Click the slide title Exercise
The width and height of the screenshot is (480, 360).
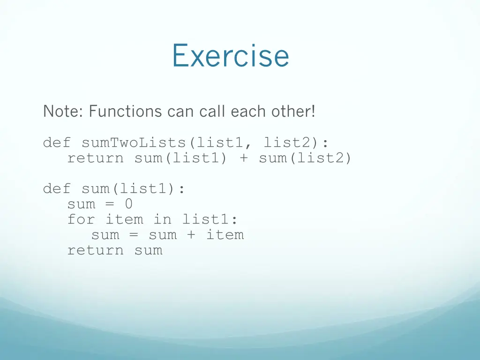tap(230, 56)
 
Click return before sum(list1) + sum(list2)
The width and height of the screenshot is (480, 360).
tap(96, 158)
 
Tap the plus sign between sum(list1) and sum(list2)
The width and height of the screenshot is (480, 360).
tap(243, 158)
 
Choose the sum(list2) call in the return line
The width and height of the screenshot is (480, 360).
tap(305, 158)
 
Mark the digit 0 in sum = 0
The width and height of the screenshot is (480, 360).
tap(128, 204)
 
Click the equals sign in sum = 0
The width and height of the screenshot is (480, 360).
tap(110, 204)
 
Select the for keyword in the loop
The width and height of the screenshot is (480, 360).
tap(81, 219)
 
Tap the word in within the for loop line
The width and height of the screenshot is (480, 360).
tap(163, 219)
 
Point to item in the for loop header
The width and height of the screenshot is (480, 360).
tap(124, 219)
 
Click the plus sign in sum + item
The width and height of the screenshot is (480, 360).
tap(191, 235)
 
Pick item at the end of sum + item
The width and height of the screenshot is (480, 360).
tap(225, 235)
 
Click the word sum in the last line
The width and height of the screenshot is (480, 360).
tap(148, 250)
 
